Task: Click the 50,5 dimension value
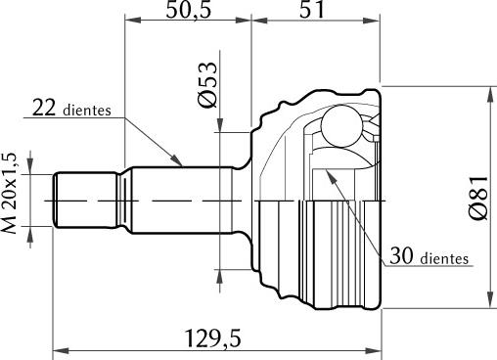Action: coord(189,10)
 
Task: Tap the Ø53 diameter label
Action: coord(207,84)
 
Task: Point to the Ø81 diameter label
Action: coord(478,198)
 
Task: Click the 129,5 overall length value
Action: coord(213,338)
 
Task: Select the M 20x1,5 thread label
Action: coord(10,193)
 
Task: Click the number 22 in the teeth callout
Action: coord(44,108)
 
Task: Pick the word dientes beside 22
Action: coord(87,111)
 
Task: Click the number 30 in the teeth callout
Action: coord(401,255)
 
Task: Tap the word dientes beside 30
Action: coord(444,258)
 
